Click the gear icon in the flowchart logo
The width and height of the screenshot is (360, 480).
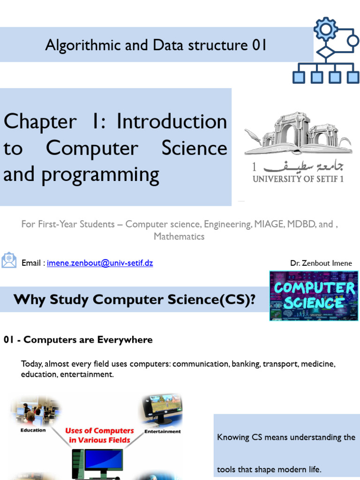(x=325, y=30)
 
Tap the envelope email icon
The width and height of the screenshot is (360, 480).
(x=9, y=260)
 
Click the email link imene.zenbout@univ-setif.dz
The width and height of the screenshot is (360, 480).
(x=100, y=263)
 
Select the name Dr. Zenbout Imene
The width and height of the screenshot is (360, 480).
(x=321, y=263)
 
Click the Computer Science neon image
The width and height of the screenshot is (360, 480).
(x=314, y=296)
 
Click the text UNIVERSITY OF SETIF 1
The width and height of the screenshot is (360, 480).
(x=298, y=179)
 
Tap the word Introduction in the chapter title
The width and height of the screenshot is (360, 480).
(x=172, y=122)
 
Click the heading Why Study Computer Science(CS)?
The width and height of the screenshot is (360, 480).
(x=135, y=300)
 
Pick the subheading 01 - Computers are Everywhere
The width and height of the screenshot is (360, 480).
(x=78, y=340)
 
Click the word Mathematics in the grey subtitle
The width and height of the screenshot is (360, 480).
(x=179, y=236)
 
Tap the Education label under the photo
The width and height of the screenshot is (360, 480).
(x=33, y=430)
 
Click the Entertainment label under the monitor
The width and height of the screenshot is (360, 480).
(x=162, y=431)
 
